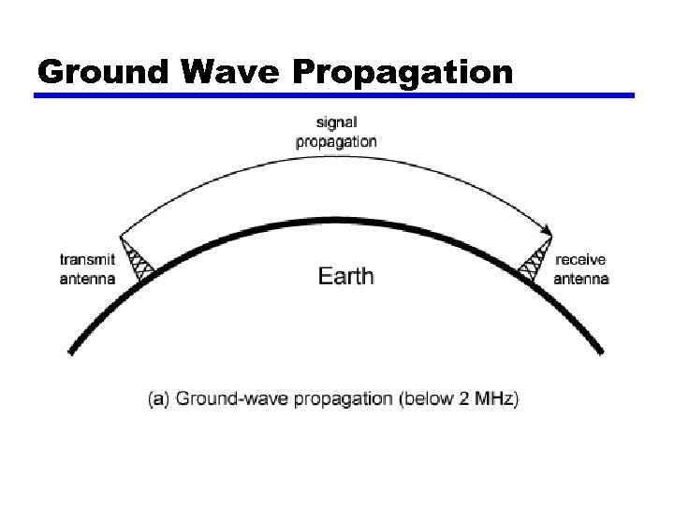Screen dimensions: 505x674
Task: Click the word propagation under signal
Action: [x=336, y=142]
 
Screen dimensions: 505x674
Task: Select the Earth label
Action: [x=345, y=276]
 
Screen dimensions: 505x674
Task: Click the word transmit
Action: [x=87, y=261]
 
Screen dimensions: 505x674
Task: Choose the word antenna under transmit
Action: [x=87, y=278]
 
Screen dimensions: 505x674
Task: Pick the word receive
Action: [x=580, y=261]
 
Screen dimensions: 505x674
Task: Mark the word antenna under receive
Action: [x=580, y=278]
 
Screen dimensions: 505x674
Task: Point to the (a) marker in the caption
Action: [x=160, y=399]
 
